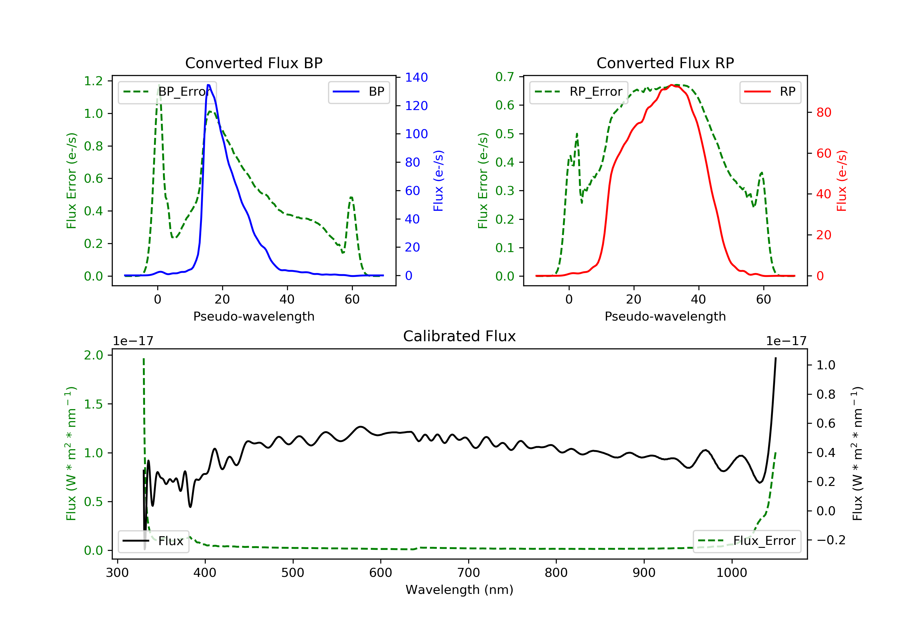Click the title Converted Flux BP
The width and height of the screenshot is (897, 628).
pyautogui.click(x=254, y=63)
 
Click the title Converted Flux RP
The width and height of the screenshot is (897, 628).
pyautogui.click(x=665, y=63)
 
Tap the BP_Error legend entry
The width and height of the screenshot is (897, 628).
pyautogui.click(x=167, y=92)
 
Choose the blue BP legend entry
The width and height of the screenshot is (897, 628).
pyautogui.click(x=359, y=92)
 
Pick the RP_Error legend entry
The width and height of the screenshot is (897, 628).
pyautogui.click(x=578, y=92)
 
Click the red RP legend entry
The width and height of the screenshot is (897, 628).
pyautogui.click(x=770, y=92)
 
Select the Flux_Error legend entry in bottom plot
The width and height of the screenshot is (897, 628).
pyautogui.click(x=747, y=541)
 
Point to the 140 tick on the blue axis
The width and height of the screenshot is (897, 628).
pyautogui.click(x=416, y=77)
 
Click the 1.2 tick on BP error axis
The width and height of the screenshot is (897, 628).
pyautogui.click(x=93, y=81)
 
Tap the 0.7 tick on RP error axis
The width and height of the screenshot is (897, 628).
pyautogui.click(x=505, y=77)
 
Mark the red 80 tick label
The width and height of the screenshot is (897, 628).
pyautogui.click(x=823, y=112)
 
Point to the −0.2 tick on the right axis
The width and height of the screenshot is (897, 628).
pyautogui.click(x=831, y=540)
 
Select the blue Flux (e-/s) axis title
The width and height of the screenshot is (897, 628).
pyautogui.click(x=438, y=181)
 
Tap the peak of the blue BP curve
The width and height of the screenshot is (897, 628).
pyautogui.click(x=209, y=85)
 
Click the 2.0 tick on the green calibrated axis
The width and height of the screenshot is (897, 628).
pyautogui.click(x=93, y=355)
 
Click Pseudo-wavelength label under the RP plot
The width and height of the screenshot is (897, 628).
pyautogui.click(x=665, y=316)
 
